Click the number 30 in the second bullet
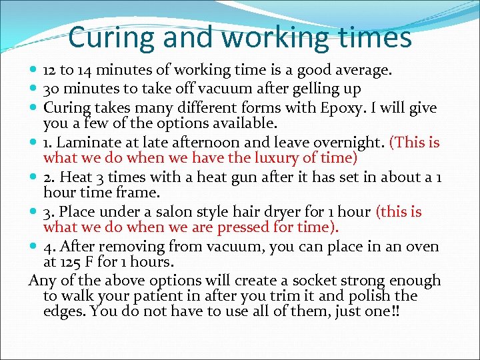pos(52,89)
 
